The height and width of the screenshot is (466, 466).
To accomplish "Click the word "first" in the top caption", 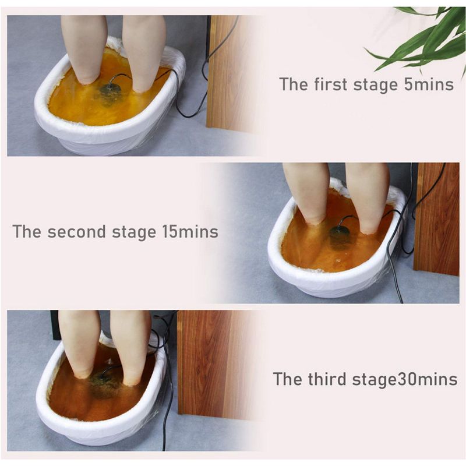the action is [330, 84].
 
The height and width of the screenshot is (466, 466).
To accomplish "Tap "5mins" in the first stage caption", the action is [429, 84].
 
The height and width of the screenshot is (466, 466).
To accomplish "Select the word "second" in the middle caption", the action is [76, 231].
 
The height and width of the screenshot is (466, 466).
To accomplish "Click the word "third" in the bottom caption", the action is [327, 379].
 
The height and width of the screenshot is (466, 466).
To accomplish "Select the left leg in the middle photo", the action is [306, 193].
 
